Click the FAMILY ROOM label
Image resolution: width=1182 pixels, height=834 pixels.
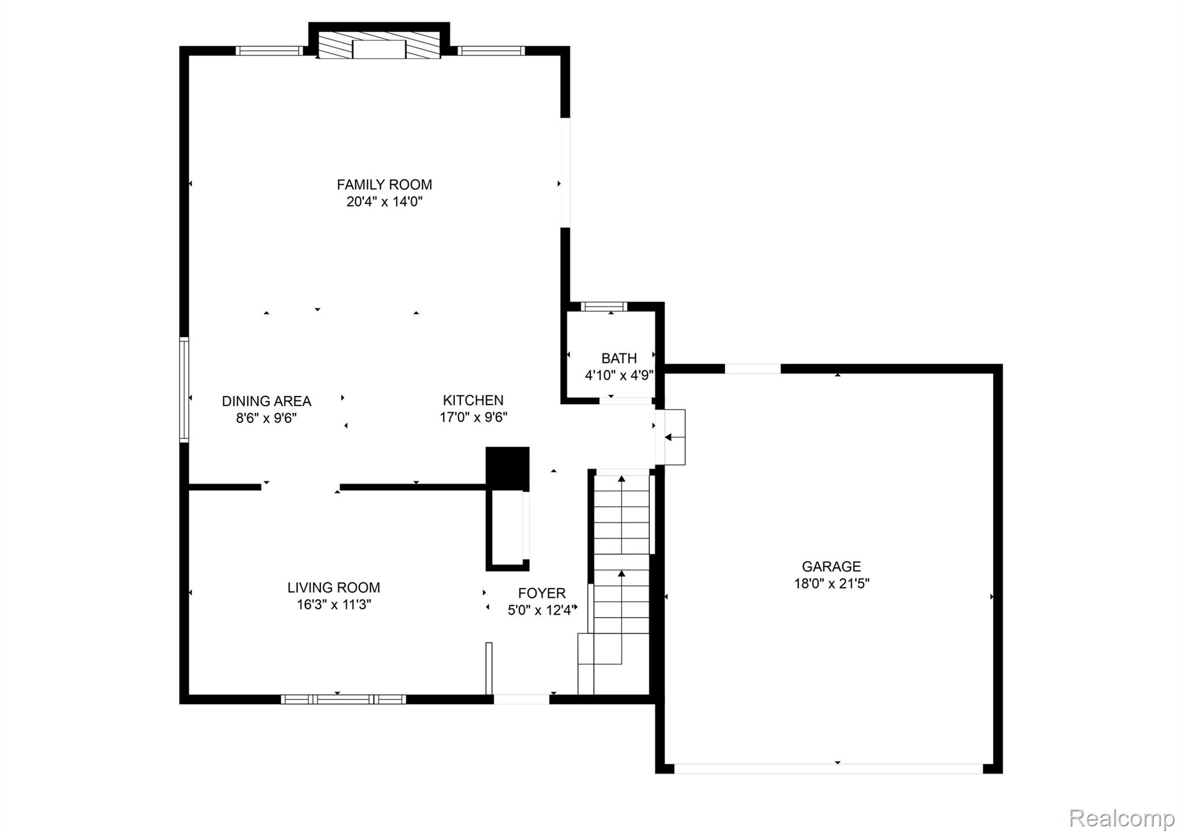coord(384,185)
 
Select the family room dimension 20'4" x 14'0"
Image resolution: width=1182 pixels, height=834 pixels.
coord(384,201)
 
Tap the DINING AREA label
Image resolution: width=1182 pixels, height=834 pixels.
coord(266,401)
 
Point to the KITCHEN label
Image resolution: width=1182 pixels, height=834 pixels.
coord(473,400)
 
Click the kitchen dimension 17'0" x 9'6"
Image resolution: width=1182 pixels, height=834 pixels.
coord(473,417)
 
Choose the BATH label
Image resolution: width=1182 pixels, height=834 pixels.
coord(619,358)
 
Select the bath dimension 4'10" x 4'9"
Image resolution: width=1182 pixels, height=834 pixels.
coord(619,375)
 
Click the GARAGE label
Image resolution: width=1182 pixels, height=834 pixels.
coord(831,566)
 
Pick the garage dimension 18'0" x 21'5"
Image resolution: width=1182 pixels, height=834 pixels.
coord(831,584)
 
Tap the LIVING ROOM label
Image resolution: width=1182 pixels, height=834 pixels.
coord(334,588)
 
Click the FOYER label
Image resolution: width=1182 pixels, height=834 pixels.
coord(541,593)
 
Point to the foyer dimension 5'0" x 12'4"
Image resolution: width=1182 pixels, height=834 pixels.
coord(540,610)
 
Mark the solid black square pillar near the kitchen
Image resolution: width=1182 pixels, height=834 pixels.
coord(507,468)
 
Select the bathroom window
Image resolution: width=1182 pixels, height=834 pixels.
coord(604,306)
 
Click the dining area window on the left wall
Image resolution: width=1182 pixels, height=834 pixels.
coord(184,390)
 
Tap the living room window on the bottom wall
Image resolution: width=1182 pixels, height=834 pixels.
coord(343,699)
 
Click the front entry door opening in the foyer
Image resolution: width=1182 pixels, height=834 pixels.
coord(521,699)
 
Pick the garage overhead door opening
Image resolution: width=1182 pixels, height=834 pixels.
coord(828,768)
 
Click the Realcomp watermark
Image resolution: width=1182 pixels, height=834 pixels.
coord(1121,818)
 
